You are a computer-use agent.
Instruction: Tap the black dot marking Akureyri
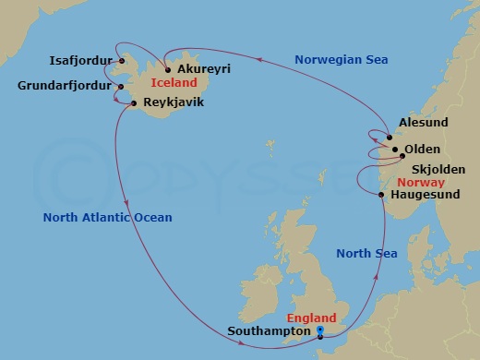pyautogui.click(x=166, y=69)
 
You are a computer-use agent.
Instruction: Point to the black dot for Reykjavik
pyautogui.click(x=134, y=103)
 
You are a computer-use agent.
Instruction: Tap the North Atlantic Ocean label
pyautogui.click(x=107, y=217)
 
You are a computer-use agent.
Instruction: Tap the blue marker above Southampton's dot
pyautogui.click(x=319, y=330)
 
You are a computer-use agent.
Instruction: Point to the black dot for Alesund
pyautogui.click(x=389, y=138)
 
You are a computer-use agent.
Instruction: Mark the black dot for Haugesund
pyautogui.click(x=381, y=194)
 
